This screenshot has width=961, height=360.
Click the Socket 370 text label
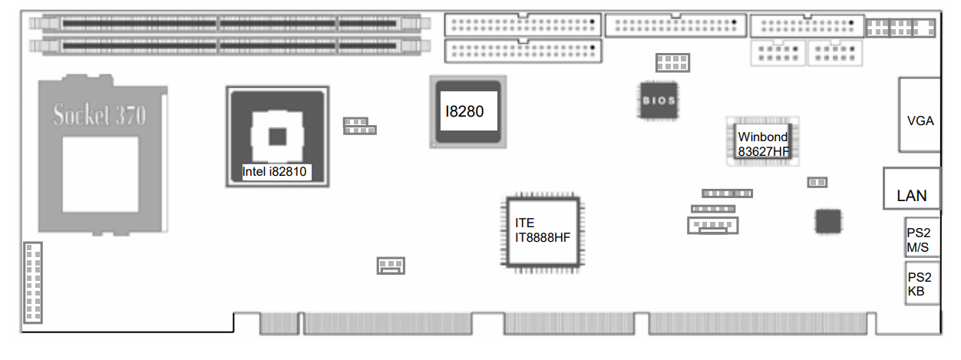99,115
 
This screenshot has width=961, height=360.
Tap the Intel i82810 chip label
275,172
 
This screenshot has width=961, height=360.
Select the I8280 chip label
466,111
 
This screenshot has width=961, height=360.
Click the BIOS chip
659,100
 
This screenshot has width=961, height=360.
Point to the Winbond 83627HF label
763,144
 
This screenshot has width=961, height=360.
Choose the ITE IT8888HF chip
543,230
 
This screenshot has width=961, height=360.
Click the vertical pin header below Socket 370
33,282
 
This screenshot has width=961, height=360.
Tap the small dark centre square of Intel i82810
276,137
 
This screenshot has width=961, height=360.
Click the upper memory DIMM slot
229,24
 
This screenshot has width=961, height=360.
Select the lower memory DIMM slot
229,46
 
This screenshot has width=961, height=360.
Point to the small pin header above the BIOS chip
672,61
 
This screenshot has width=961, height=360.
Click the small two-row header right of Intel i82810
359,126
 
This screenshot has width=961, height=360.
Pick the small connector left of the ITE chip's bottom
391,266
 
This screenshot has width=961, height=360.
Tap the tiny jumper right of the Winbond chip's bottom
817,182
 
